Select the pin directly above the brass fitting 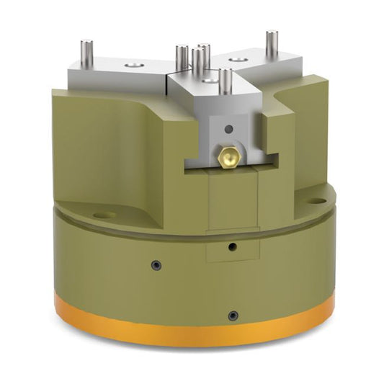tap(225, 81)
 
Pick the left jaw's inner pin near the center tap(180, 58)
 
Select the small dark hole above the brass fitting tap(228, 130)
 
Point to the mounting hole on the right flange tap(315, 192)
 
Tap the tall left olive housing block tap(115, 144)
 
